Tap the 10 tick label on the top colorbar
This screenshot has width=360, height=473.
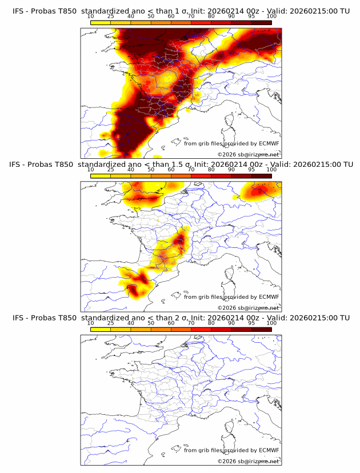click(91, 17)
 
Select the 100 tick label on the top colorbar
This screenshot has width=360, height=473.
click(271, 17)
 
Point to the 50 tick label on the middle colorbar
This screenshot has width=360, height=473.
click(151, 170)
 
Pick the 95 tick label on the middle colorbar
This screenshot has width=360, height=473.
click(251, 170)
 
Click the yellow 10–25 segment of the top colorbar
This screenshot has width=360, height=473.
click(101, 23)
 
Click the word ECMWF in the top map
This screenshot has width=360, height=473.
click(269, 143)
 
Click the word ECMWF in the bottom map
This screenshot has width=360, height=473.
click(269, 450)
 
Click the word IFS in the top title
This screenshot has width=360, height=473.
click(18, 11)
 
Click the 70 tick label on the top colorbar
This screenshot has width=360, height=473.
click(191, 17)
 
